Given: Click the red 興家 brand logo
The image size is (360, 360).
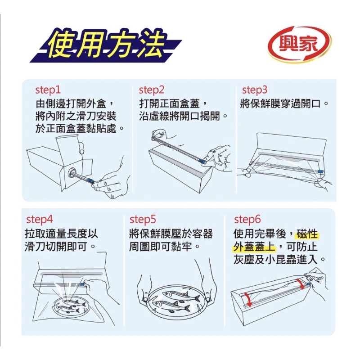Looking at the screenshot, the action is coord(299,44).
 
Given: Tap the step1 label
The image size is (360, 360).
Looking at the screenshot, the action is coord(48,90).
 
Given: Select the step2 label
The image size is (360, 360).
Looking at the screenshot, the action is coord(152,90).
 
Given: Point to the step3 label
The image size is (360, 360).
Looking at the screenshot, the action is coord(255,90).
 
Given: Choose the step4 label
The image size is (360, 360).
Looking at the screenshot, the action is coord(40,219).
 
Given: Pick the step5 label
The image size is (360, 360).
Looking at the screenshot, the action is coord(143,219).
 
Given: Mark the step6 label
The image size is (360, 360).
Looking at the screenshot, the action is coord(247,219).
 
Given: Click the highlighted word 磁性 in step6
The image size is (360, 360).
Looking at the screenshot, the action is coord(307,234).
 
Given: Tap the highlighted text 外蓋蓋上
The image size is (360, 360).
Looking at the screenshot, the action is coord(255,247).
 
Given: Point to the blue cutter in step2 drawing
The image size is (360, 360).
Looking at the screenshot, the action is coord(202,161).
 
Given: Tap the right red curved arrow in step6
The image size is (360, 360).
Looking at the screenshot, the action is coord(300,284).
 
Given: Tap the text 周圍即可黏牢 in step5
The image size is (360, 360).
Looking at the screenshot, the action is coord(161,247).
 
